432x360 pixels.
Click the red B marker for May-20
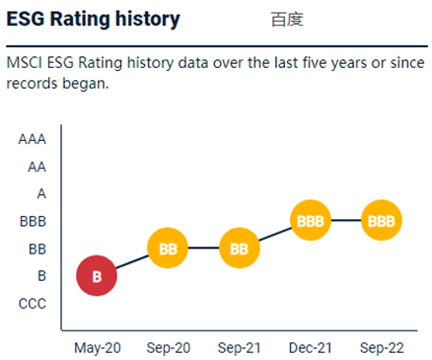(x=97, y=276)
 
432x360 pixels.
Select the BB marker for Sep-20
(x=168, y=249)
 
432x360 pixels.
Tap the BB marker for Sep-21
(x=239, y=249)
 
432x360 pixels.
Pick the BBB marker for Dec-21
(x=310, y=221)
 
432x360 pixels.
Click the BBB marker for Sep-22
(x=381, y=221)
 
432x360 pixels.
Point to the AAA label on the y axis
(x=32, y=139)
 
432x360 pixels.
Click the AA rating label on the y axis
(x=36, y=167)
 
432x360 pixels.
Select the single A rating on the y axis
(x=41, y=194)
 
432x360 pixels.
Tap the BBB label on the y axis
(x=33, y=222)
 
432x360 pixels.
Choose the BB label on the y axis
(x=36, y=249)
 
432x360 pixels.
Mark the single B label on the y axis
(x=41, y=276)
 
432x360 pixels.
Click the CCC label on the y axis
(x=32, y=304)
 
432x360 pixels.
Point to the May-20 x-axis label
(x=97, y=348)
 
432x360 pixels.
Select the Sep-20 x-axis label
(x=168, y=348)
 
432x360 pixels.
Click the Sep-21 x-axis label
(x=239, y=348)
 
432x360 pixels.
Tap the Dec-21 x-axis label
(x=310, y=348)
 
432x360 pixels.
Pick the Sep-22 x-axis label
(x=381, y=348)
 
